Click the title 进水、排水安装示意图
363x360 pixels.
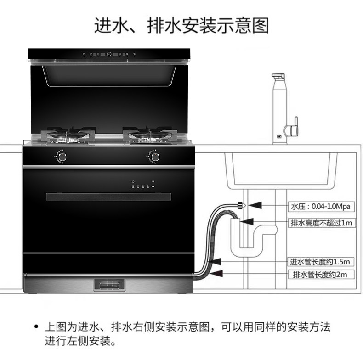pos(181,25)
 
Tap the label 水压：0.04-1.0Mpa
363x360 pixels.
pos(321,206)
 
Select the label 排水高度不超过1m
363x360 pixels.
pos(322,223)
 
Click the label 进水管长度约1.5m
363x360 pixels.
pos(320,262)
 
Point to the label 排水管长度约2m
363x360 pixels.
pos(320,275)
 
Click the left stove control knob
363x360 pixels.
pos(62,157)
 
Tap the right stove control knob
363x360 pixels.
pos(155,157)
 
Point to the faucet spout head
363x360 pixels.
pos(278,77)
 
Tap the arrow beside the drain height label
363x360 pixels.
pos(247,222)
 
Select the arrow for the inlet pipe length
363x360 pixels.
pos(216,262)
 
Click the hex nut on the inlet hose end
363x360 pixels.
pos(241,205)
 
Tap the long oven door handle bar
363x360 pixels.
pos(109,197)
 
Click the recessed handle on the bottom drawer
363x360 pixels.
pos(109,285)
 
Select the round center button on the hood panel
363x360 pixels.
pos(109,54)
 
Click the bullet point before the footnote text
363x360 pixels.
pos(36,326)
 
